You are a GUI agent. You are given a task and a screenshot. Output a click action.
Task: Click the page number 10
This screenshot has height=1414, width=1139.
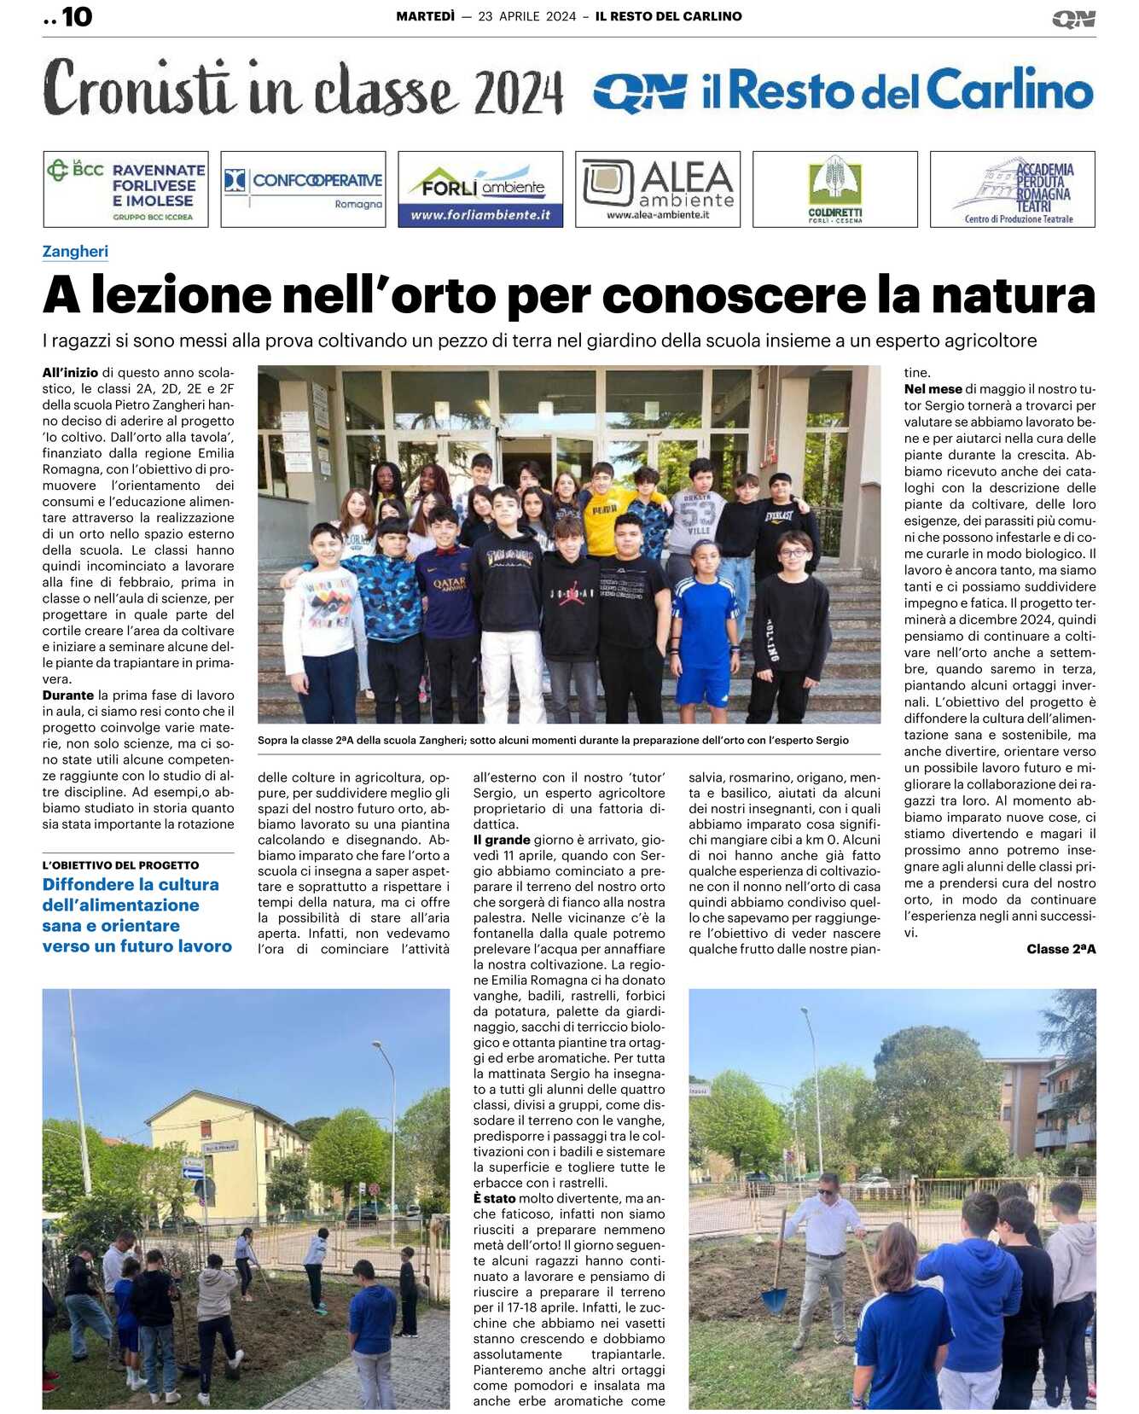(76, 17)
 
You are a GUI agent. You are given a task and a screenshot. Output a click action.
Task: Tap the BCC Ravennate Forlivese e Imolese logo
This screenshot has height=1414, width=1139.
(125, 189)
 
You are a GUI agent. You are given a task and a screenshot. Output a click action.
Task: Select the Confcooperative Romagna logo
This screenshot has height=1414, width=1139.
(303, 189)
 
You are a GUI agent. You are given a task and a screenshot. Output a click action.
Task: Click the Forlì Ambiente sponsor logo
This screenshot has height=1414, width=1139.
(480, 189)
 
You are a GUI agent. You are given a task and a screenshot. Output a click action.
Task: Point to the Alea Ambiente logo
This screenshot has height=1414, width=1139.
(658, 189)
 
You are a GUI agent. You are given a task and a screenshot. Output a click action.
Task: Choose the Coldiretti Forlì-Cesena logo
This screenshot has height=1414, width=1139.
(835, 189)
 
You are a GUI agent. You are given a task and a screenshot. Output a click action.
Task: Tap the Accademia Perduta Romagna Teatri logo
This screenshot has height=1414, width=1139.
(1013, 189)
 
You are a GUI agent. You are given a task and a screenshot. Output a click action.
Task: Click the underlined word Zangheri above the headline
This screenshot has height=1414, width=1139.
(75, 252)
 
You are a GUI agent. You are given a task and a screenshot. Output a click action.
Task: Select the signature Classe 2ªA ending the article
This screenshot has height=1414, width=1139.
(1061, 949)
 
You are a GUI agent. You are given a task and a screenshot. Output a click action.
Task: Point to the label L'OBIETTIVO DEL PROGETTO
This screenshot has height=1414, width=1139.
(120, 865)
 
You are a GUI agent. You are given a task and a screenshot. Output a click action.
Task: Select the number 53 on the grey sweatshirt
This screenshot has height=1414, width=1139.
(697, 515)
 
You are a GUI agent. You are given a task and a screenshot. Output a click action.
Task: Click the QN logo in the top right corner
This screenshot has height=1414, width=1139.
(1073, 19)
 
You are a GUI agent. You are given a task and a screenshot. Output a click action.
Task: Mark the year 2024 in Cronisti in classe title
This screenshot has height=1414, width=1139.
(518, 93)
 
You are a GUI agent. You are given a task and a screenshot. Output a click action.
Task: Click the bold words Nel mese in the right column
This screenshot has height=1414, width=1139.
(933, 389)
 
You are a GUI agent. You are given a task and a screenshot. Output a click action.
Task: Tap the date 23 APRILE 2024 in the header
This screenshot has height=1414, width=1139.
(526, 16)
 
